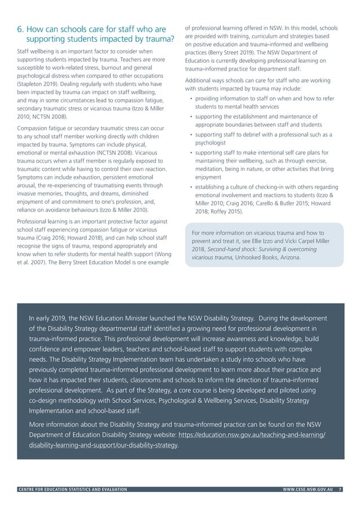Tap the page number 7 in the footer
coord(340,490)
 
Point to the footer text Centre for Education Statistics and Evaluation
coord(73,490)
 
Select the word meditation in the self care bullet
coord(212,169)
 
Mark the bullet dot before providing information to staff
coord(192,99)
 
